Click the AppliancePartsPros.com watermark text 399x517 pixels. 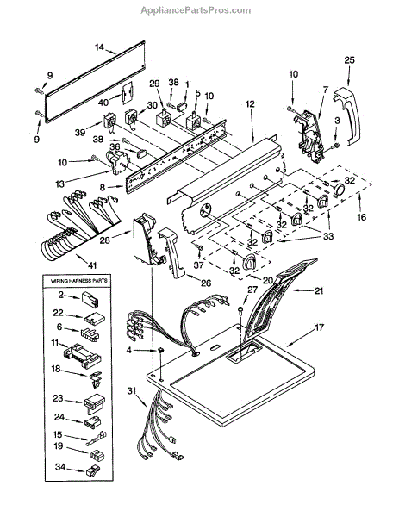point(196,10)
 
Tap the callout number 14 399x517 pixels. point(100,47)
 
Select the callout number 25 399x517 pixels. point(350,60)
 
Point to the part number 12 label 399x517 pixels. point(250,104)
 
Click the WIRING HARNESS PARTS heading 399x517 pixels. point(78,281)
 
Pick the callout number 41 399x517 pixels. point(92,265)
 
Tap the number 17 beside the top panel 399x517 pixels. point(319,327)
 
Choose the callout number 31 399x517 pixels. point(132,390)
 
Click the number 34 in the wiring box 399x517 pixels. point(60,467)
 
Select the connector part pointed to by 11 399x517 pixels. point(82,356)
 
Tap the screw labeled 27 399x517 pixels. point(241,310)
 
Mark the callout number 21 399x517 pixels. point(319,291)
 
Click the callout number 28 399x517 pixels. point(104,240)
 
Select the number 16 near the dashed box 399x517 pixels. point(361,217)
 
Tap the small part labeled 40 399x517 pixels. point(128,93)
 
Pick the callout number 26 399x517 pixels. point(206,283)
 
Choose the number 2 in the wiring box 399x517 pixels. point(60,295)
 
